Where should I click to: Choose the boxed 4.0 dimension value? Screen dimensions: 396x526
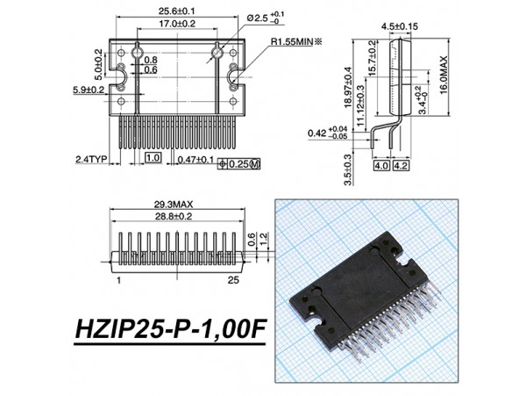tap(381, 164)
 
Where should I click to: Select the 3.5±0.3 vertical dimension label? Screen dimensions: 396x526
tap(347, 169)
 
